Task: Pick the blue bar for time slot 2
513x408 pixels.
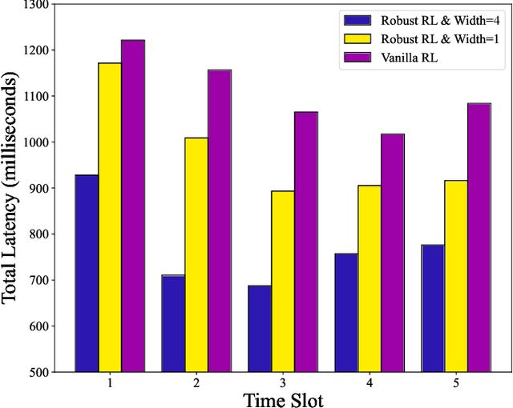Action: click(x=173, y=323)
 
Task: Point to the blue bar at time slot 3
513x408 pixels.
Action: click(x=259, y=328)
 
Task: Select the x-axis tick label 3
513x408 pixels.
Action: click(x=282, y=383)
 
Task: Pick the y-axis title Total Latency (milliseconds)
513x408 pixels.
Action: click(x=11, y=189)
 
